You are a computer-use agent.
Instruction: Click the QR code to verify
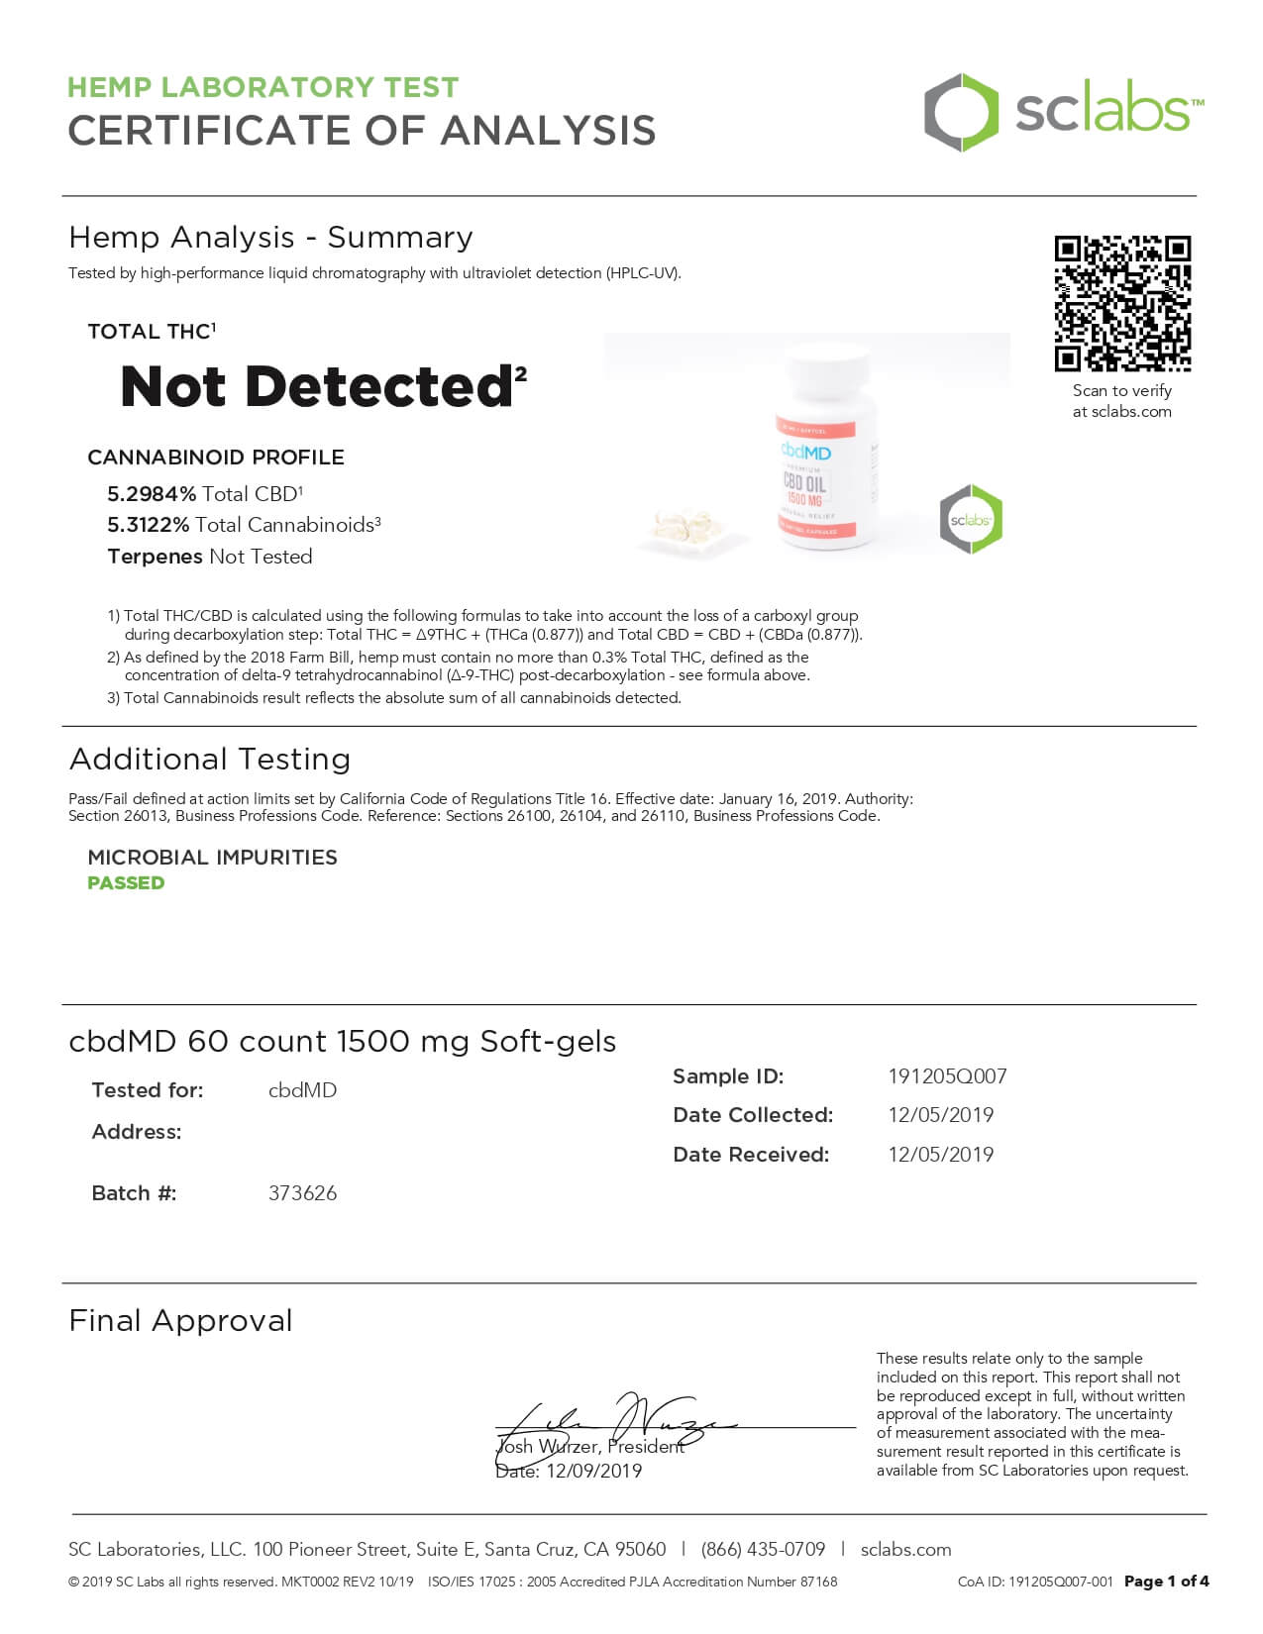tap(1122, 303)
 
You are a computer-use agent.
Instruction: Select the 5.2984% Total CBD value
tap(152, 494)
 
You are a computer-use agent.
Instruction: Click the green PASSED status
tap(126, 883)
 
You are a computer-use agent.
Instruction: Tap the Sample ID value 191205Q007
tap(947, 1076)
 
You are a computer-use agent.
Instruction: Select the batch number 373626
tap(302, 1193)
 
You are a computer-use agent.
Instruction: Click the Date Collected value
tap(940, 1115)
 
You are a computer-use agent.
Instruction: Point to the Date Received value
tap(940, 1155)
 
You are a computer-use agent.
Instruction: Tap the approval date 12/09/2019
tap(593, 1472)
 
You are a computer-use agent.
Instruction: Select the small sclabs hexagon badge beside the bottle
tap(971, 519)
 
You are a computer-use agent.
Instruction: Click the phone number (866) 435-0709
tap(763, 1550)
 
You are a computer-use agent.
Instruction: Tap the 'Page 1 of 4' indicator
tap(1166, 1582)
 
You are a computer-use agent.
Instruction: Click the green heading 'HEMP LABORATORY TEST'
tap(263, 87)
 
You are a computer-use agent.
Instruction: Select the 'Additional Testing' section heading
tap(210, 760)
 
